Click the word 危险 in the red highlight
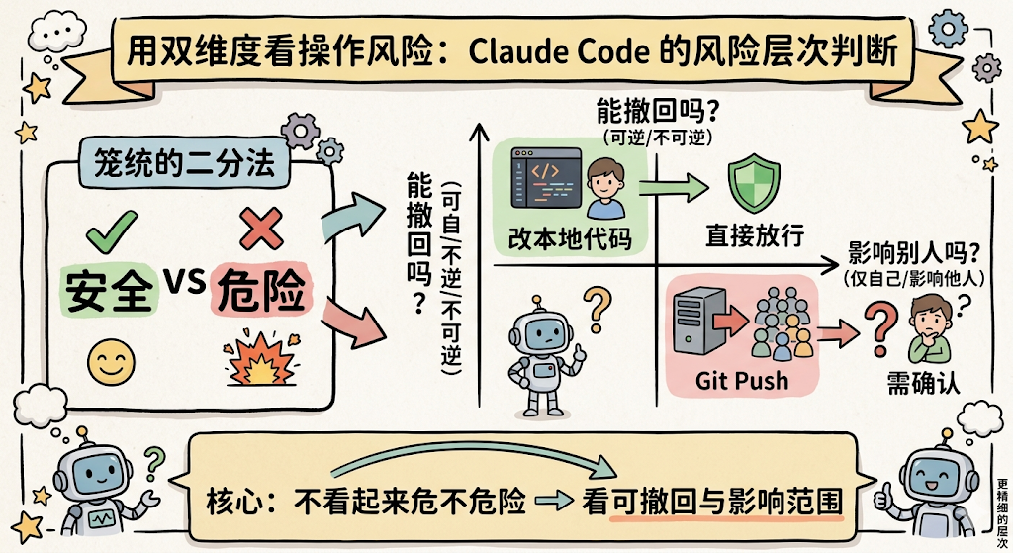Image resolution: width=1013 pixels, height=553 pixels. point(259,290)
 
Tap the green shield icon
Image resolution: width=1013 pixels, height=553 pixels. point(748,185)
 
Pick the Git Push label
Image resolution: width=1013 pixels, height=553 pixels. point(742,380)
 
